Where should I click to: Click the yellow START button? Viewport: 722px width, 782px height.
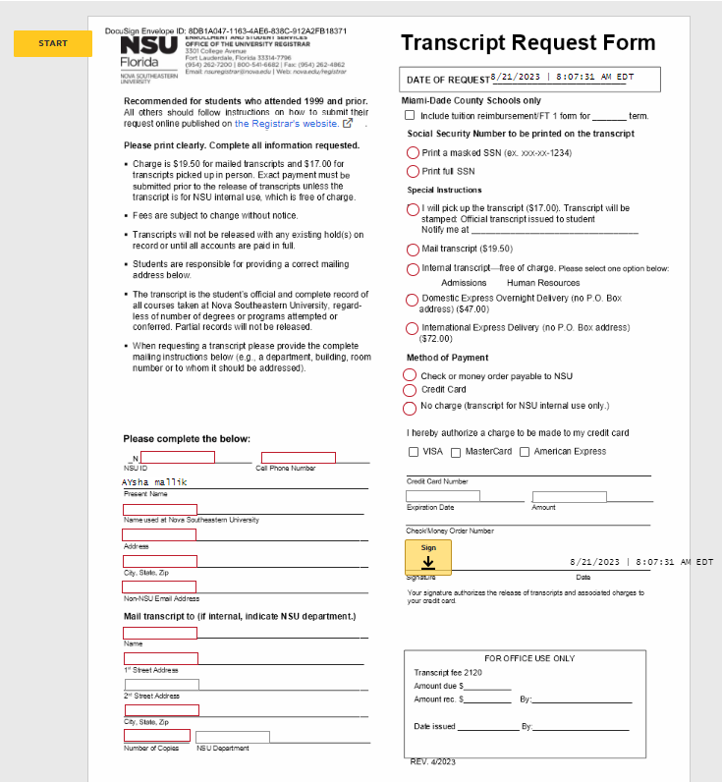pos(53,43)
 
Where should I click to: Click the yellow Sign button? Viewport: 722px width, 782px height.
pos(428,556)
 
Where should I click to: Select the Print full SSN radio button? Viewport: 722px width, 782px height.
pos(413,172)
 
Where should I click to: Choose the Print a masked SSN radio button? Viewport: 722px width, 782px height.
pos(413,153)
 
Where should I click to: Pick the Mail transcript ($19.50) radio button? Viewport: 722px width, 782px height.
pos(413,250)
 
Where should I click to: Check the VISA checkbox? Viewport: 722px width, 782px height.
pos(413,452)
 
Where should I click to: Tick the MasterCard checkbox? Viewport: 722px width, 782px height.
pos(456,452)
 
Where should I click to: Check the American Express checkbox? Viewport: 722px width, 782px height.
pos(525,452)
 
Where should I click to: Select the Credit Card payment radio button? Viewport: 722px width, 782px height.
pos(411,391)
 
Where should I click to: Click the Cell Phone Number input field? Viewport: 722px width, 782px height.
pos(299,458)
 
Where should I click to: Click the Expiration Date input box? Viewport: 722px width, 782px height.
pos(443,496)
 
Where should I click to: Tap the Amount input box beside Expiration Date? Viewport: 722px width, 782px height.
pos(570,496)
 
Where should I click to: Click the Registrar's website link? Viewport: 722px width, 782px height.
pos(286,124)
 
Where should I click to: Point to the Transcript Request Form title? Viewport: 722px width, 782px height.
pos(528,43)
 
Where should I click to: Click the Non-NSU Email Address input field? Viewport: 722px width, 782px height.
pos(159,586)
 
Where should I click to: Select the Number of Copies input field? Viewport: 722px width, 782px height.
pos(157,736)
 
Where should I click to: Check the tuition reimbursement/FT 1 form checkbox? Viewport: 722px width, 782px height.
pos(411,116)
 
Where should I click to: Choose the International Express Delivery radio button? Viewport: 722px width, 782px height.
pos(413,329)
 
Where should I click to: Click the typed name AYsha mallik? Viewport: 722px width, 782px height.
pos(154,482)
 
